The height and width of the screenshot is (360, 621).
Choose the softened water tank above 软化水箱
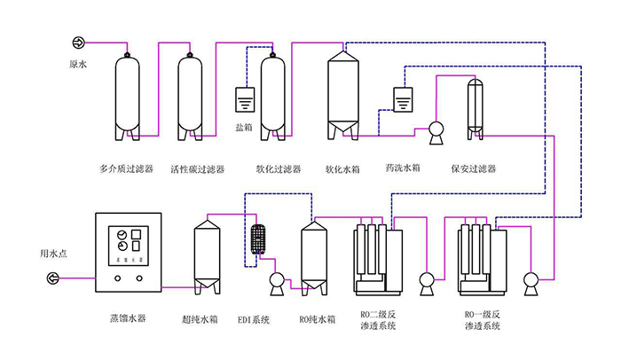point(342,93)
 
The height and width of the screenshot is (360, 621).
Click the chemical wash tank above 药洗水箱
point(403,99)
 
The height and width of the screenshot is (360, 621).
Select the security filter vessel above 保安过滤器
point(476,106)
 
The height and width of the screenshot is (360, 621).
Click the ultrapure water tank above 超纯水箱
point(208,256)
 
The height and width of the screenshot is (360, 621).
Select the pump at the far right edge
point(532,281)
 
